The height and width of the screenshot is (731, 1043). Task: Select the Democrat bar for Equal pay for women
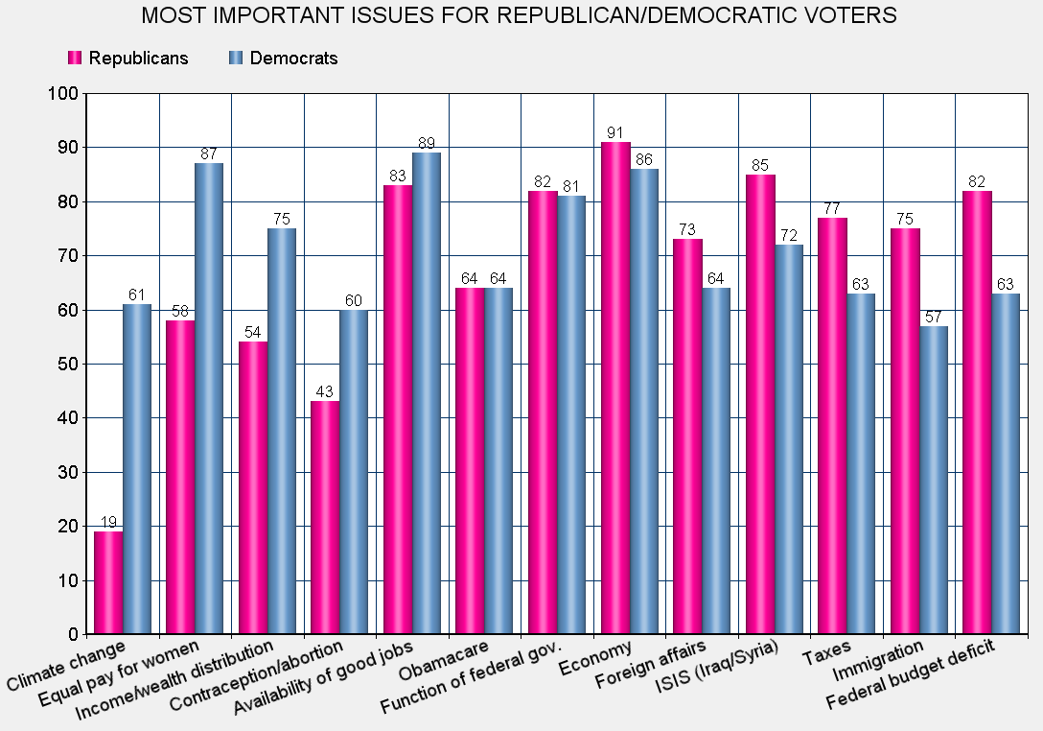pos(210,398)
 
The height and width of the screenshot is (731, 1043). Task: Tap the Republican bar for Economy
pos(615,388)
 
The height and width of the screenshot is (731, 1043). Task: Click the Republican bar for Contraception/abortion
pos(326,517)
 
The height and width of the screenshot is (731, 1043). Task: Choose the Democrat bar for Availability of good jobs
pos(427,393)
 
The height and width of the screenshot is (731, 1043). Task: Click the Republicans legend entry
pos(128,58)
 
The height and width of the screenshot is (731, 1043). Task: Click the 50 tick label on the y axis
pos(66,365)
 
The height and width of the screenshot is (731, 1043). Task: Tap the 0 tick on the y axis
pos(71,635)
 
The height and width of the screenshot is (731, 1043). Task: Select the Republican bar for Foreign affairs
pos(687,436)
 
